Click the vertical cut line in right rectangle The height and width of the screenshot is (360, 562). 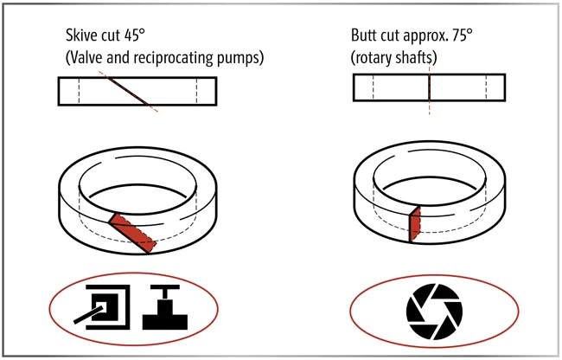[x=429, y=88]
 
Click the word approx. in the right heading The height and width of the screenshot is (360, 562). [x=425, y=36]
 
